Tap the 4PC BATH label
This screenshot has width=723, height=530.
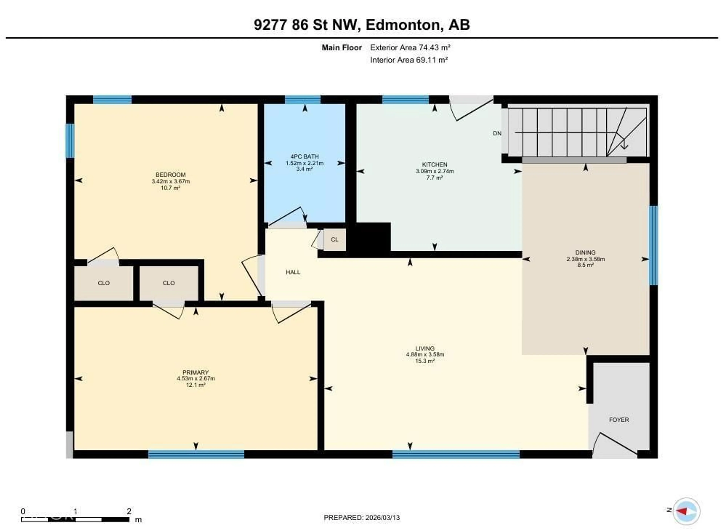point(304,157)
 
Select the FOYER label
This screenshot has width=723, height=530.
point(619,420)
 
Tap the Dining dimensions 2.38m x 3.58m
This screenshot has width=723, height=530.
point(585,259)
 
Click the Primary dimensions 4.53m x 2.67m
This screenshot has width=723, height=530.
point(196,379)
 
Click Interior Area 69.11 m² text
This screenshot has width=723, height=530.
point(409,60)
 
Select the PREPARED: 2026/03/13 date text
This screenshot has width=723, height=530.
point(362,518)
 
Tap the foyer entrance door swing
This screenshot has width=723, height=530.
point(614,444)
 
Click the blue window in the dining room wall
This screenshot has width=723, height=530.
point(653,245)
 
